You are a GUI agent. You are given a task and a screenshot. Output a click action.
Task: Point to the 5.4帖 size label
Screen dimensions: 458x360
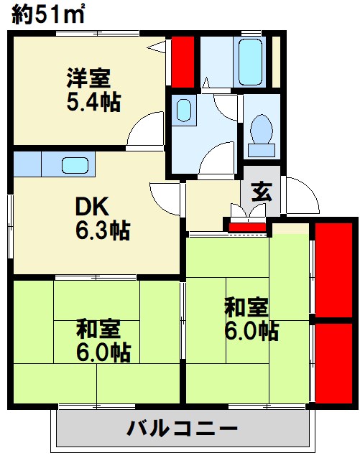tap(94, 101)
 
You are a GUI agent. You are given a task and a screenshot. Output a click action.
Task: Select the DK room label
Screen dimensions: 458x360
tap(92, 207)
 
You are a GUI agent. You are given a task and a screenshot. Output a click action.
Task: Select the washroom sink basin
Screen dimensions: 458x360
tap(183, 111)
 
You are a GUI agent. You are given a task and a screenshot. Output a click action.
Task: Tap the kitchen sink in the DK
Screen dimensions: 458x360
tap(75, 164)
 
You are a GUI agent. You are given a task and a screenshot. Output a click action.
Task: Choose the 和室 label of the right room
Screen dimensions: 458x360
tap(246, 307)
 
